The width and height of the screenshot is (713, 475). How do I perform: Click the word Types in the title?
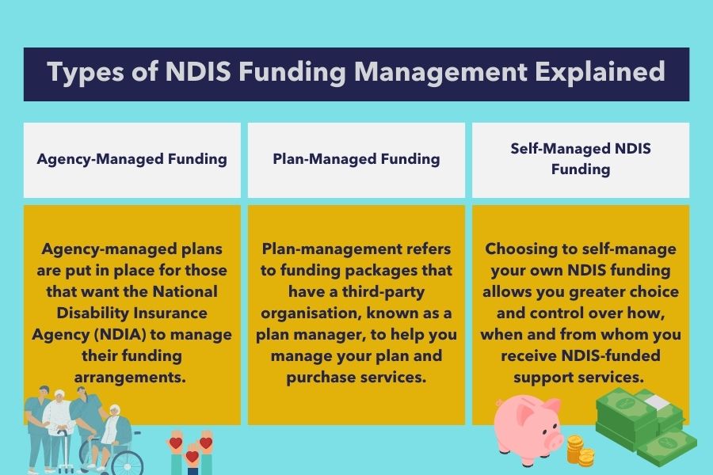coord(85,73)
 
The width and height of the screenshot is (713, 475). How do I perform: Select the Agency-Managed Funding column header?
coord(132,160)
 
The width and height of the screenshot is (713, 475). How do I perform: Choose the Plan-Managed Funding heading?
coord(356,160)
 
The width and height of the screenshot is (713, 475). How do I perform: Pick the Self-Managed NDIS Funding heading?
coord(581,159)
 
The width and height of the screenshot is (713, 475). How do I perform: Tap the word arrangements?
coord(130,378)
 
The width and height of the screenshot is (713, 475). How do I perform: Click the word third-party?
coord(383,292)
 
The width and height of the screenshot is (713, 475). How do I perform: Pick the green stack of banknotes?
coord(646,426)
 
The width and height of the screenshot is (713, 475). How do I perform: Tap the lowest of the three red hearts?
coord(193,456)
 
